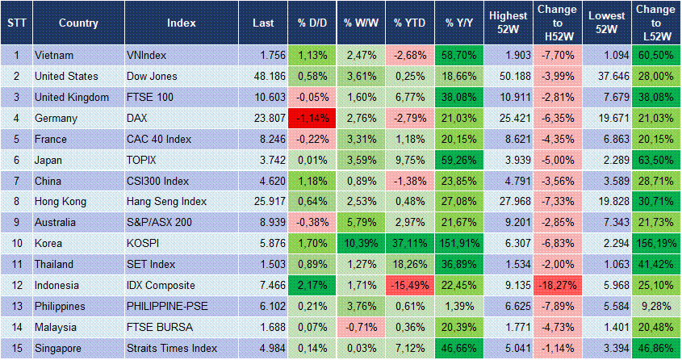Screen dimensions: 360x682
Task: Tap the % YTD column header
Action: tap(409, 23)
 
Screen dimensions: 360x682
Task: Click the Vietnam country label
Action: tap(55, 55)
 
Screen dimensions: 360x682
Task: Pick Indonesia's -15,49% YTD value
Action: tap(409, 286)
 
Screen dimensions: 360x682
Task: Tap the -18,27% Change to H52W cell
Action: tap(557, 286)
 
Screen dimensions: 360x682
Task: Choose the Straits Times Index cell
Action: tap(171, 349)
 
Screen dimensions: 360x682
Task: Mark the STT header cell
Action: tap(16, 23)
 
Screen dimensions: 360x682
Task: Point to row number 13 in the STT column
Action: tap(16, 307)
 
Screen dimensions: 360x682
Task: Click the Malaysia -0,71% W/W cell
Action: tap(360, 328)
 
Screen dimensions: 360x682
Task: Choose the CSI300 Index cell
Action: tap(158, 181)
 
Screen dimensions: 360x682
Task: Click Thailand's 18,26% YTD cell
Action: tap(409, 265)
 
